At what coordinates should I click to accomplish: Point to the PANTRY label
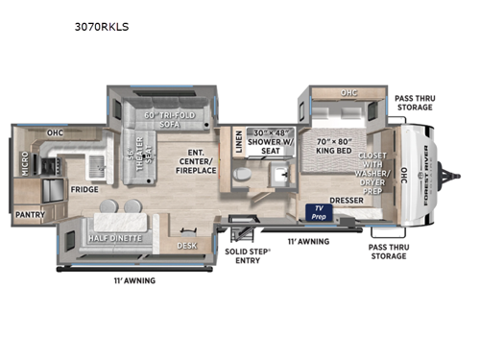(30, 216)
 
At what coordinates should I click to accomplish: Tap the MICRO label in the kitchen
(25, 164)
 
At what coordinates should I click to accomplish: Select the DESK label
(188, 245)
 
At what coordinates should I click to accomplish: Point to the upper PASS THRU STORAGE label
(413, 103)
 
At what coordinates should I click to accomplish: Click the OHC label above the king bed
(349, 94)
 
